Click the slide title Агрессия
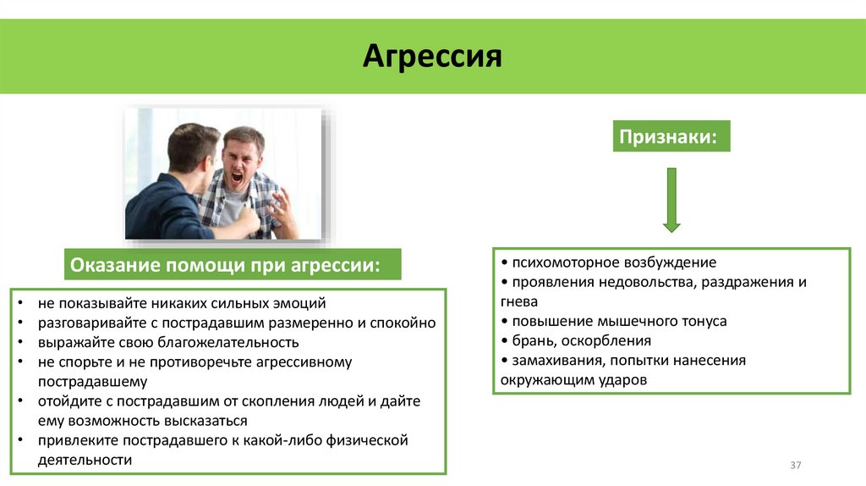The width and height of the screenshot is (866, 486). point(432,57)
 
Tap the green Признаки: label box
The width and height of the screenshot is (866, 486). point(671,136)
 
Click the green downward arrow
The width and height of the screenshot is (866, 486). point(671,200)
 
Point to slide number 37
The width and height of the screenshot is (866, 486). point(795,465)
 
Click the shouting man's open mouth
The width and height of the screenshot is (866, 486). point(238,178)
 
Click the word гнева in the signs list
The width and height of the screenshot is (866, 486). point(519,301)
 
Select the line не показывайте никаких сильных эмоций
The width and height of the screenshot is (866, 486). point(181,303)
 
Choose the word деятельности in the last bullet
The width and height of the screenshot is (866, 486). point(85,460)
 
